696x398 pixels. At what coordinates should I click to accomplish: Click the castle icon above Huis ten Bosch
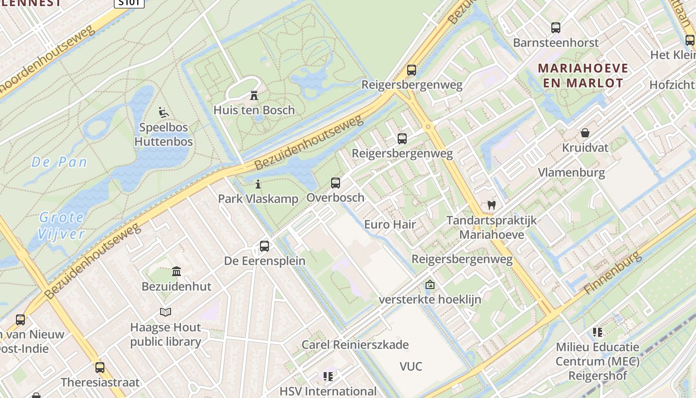(x=254, y=95)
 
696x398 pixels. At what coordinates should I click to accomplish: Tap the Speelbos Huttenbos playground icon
(x=164, y=112)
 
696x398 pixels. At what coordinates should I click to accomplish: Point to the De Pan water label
(x=59, y=162)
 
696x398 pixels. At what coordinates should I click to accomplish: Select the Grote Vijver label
(x=62, y=225)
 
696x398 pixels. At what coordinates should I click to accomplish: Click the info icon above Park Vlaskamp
(x=258, y=184)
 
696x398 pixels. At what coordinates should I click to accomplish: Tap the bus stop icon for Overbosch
(x=336, y=183)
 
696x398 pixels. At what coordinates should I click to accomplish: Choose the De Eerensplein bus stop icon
(x=264, y=246)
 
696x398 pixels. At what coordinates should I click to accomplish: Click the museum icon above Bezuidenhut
(x=176, y=271)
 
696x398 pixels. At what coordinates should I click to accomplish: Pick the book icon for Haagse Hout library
(x=166, y=312)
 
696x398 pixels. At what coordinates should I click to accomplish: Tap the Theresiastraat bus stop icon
(x=100, y=368)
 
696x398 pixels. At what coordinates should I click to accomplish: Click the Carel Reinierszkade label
(x=355, y=344)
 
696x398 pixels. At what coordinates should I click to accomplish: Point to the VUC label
(x=411, y=367)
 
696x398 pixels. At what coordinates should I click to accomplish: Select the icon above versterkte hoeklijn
(x=430, y=285)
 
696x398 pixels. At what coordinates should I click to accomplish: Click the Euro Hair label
(x=390, y=224)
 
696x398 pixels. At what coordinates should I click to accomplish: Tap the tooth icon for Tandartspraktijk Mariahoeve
(x=492, y=204)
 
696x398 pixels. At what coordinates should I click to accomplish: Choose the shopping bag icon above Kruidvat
(x=585, y=133)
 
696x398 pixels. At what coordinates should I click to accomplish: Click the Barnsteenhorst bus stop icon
(x=556, y=28)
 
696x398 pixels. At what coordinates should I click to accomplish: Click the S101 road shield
(x=129, y=3)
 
